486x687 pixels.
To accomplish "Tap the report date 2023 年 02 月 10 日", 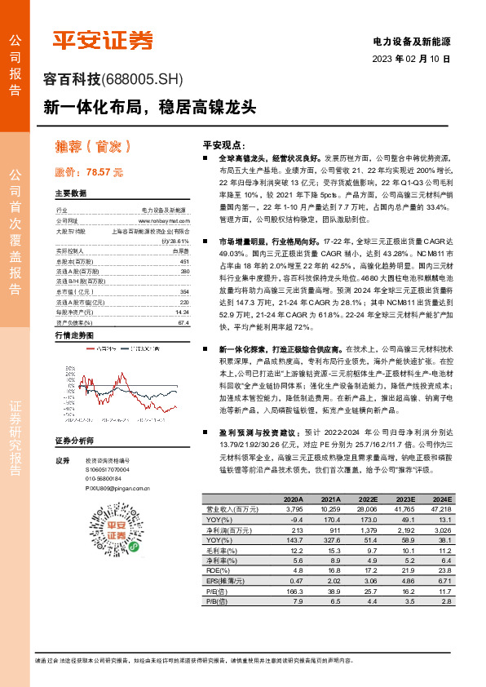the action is [x=411, y=60].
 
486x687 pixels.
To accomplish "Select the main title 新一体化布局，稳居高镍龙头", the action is [x=150, y=106].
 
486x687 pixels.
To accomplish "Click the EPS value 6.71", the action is [x=444, y=591].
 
